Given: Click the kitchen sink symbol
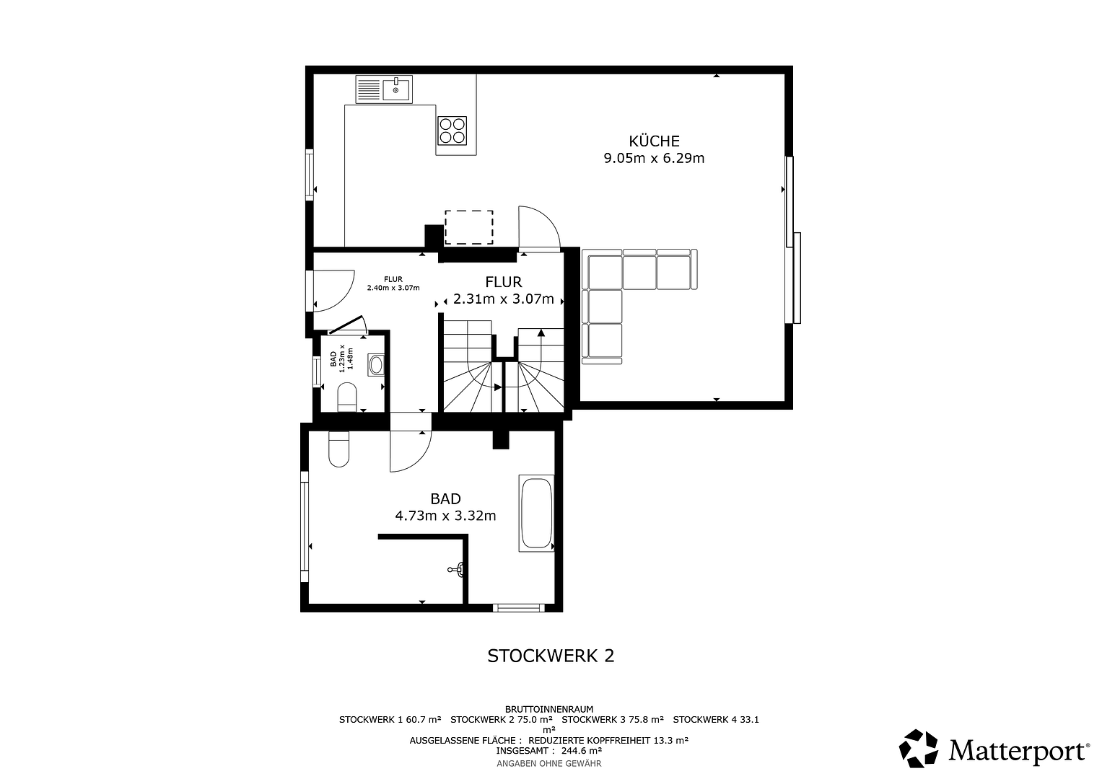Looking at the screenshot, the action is pyautogui.click(x=384, y=89).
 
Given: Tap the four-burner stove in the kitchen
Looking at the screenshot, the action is pyautogui.click(x=452, y=131).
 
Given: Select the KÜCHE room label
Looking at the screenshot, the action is pyautogui.click(x=654, y=141).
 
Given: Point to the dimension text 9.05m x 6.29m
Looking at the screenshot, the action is pyautogui.click(x=654, y=159).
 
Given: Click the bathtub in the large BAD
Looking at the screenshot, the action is pyautogui.click(x=536, y=513).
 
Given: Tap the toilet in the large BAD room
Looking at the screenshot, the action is pyautogui.click(x=338, y=449).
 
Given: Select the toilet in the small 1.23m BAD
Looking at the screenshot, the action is pyautogui.click(x=347, y=397).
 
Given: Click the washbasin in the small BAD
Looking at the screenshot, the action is pyautogui.click(x=376, y=365).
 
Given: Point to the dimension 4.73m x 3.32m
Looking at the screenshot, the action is pyautogui.click(x=445, y=516).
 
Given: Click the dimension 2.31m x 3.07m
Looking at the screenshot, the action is pyautogui.click(x=503, y=299).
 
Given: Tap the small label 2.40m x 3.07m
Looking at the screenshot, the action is pyautogui.click(x=393, y=288).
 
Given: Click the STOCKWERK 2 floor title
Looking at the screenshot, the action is pyautogui.click(x=551, y=656).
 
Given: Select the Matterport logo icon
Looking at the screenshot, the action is pyautogui.click(x=918, y=749).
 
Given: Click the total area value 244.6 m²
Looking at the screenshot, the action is pyautogui.click(x=582, y=750).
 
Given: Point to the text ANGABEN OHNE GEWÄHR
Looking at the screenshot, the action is pyautogui.click(x=549, y=763).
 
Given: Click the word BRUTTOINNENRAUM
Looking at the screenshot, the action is pyautogui.click(x=549, y=709).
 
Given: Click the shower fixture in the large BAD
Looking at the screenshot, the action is pyautogui.click(x=456, y=570).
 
